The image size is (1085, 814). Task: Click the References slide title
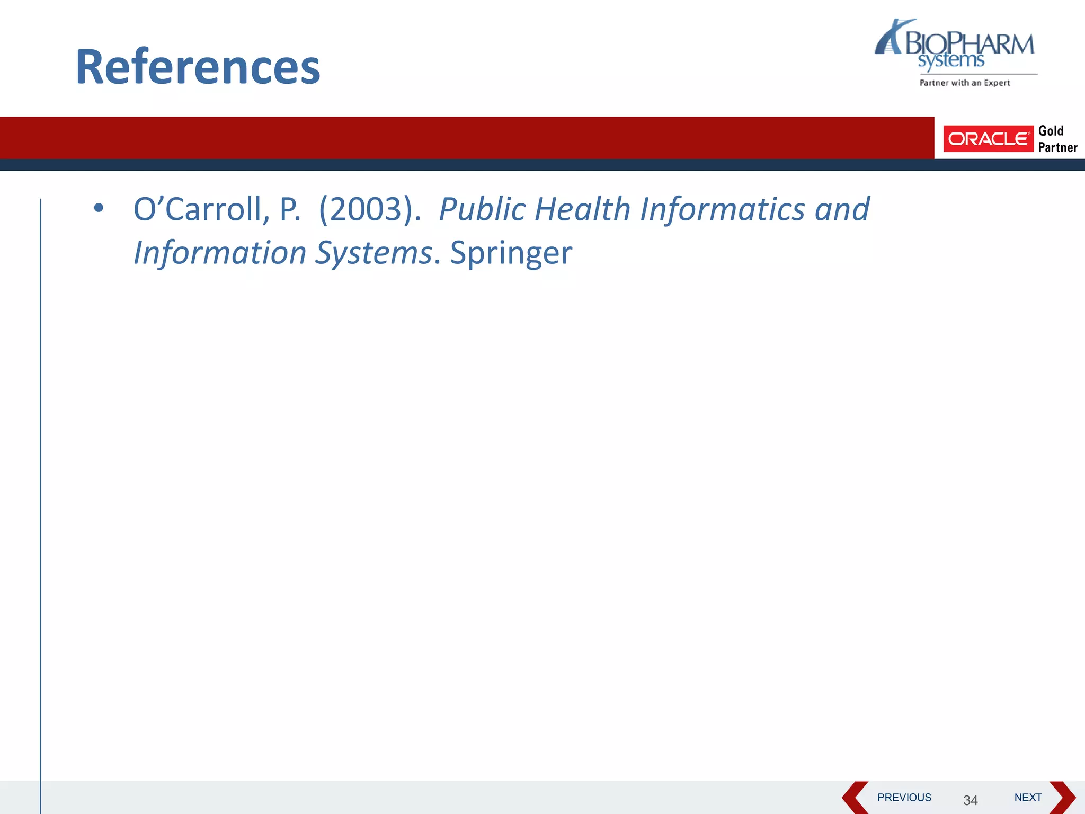198,67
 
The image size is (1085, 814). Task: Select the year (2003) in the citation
369,209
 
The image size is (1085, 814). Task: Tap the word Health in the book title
582,209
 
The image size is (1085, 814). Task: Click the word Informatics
723,209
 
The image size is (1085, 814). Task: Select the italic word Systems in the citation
373,253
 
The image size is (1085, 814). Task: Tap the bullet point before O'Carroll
99,208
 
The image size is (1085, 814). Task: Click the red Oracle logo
988,139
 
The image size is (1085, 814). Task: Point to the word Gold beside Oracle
1051,131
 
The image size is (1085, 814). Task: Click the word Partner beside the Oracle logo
1057,147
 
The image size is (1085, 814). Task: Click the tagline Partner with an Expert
964,83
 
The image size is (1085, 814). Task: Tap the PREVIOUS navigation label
904,798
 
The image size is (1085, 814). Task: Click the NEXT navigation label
1028,798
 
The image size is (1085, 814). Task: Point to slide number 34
970,800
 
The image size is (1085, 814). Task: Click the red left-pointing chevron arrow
854,798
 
